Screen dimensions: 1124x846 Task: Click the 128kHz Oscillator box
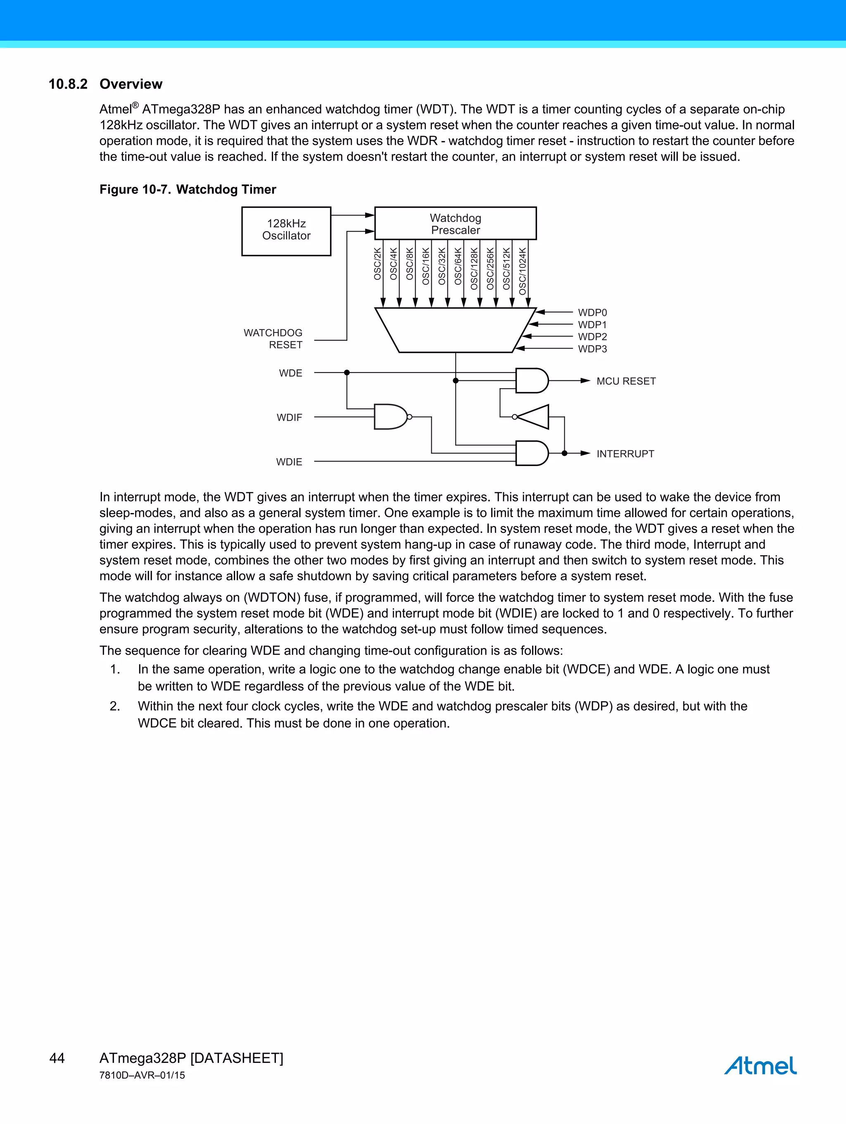coord(286,231)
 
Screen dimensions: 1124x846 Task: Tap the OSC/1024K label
coord(523,271)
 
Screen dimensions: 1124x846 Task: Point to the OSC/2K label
coord(377,264)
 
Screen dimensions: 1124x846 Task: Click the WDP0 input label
coord(592,313)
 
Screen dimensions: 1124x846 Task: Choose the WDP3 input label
coord(592,349)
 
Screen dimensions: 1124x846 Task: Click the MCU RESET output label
coord(625,381)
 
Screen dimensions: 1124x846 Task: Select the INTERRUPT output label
coord(625,454)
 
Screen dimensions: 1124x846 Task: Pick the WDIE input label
coord(289,462)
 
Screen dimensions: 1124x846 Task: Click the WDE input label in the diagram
coord(290,373)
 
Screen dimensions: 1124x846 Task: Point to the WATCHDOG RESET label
coord(273,339)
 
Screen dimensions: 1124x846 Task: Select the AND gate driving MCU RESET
coord(531,381)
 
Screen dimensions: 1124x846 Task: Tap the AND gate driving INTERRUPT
coord(531,453)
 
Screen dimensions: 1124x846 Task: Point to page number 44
coord(57,1058)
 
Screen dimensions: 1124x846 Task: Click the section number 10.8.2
coord(68,84)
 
